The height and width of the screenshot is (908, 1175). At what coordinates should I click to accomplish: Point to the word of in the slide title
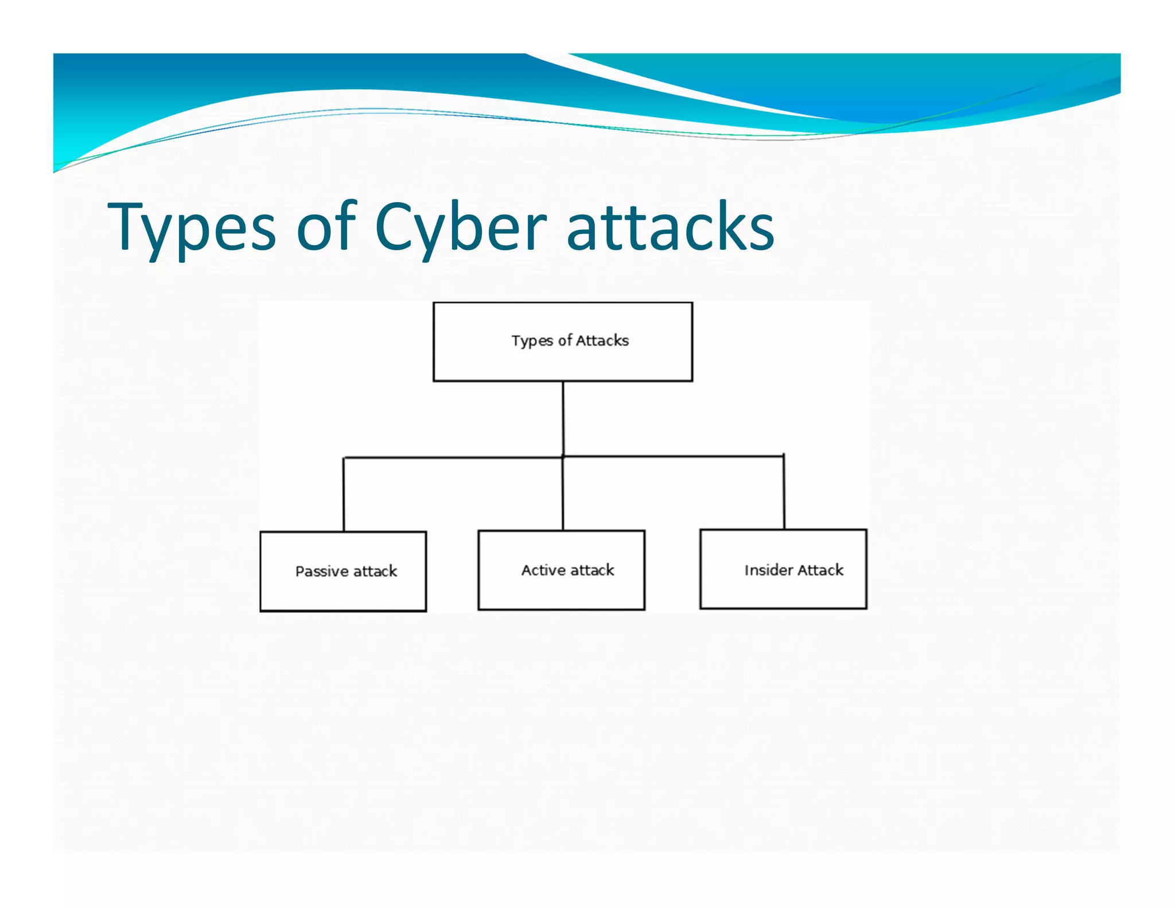pyautogui.click(x=327, y=228)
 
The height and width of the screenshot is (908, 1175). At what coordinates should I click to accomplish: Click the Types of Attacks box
pyautogui.click(x=562, y=342)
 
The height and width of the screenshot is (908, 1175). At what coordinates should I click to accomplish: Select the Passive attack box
pyautogui.click(x=343, y=571)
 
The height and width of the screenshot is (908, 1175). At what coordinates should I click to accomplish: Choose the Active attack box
pyautogui.click(x=561, y=570)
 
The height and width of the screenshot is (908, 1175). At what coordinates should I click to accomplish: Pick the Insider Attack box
pyautogui.click(x=783, y=569)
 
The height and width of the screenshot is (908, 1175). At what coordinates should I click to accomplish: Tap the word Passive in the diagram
pyautogui.click(x=322, y=572)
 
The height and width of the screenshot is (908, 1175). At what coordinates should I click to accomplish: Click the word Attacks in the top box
pyautogui.click(x=602, y=340)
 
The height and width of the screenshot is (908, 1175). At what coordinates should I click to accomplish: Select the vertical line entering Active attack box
pyautogui.click(x=563, y=494)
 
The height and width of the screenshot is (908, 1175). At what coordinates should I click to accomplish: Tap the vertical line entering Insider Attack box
pyautogui.click(x=784, y=492)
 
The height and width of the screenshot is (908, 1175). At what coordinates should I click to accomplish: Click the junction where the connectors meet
pyautogui.click(x=563, y=457)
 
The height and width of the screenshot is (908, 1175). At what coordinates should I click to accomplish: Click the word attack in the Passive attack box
pyautogui.click(x=375, y=572)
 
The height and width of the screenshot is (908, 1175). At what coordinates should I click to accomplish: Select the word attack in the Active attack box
pyautogui.click(x=592, y=570)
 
